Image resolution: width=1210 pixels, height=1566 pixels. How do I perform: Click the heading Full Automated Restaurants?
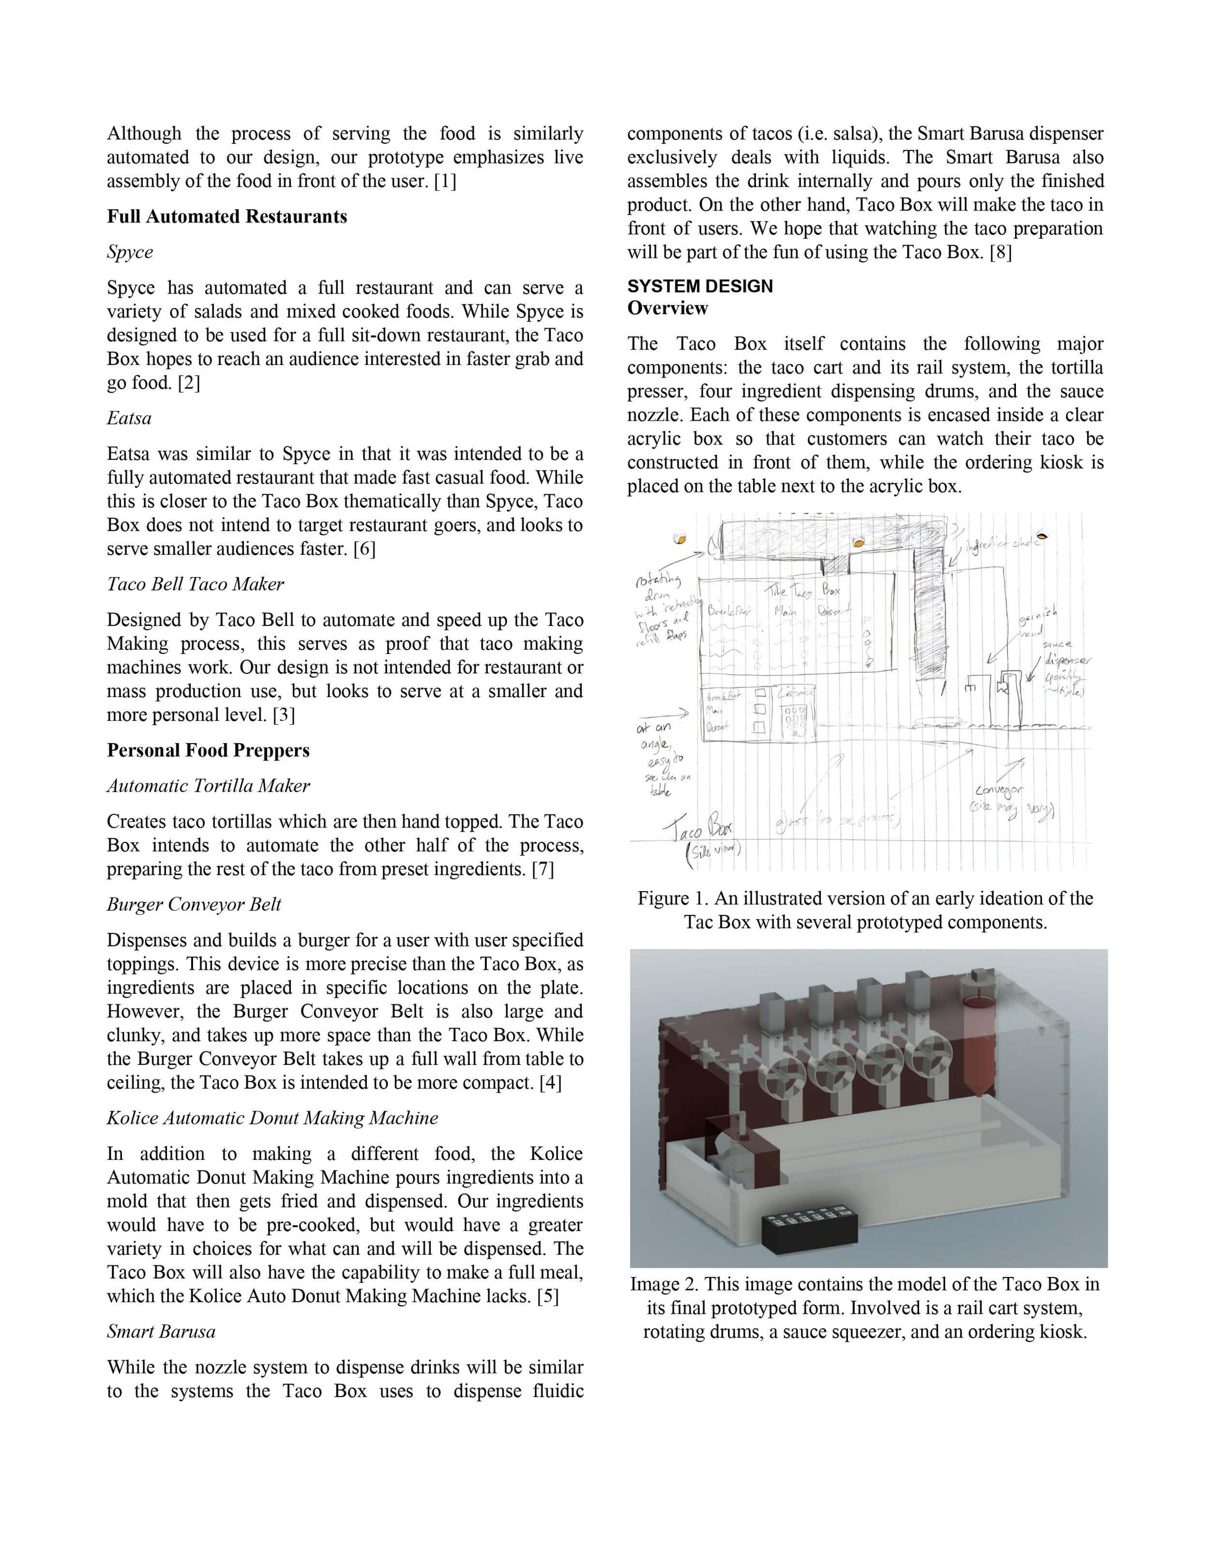point(227,216)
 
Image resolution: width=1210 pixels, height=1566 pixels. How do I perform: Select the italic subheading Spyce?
point(130,252)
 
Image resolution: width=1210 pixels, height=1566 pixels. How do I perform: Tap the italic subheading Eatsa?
point(129,418)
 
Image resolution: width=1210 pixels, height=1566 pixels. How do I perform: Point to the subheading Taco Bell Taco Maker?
point(195,584)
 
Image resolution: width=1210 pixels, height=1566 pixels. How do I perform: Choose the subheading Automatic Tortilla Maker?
point(208,786)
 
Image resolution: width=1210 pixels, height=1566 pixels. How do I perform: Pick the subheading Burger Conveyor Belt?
point(194,905)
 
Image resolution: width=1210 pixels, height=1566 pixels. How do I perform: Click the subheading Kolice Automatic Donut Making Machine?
point(272,1118)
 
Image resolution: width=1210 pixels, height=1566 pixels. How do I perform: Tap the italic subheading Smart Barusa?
point(161,1332)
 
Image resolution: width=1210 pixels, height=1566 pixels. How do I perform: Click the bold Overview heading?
point(667,308)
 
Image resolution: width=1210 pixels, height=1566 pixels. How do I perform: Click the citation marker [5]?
point(548,1296)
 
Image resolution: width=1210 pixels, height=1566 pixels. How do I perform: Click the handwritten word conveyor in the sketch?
point(998,791)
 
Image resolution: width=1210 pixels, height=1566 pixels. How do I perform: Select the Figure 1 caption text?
point(865,910)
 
